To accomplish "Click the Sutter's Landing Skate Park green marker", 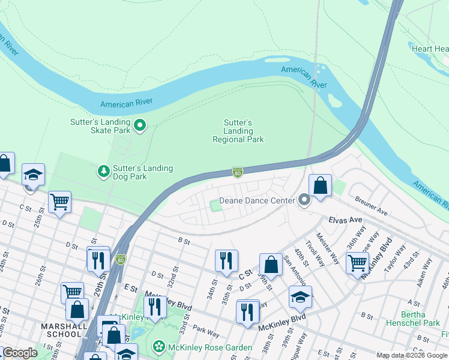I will coord(140,125).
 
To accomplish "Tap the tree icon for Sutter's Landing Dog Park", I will coord(104,172).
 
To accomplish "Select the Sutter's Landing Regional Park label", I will coord(238,131).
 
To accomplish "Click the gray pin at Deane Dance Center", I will coord(304,201).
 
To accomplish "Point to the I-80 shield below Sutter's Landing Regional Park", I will coord(238,173).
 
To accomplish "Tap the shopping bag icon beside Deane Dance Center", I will coord(320,185).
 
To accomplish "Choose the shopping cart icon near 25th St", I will coord(59,202).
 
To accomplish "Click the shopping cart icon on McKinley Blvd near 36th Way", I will coord(357,262).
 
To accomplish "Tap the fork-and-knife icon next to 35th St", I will coord(226,260).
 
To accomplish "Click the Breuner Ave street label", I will coord(372,205).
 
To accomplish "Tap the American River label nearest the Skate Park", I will coord(127,104).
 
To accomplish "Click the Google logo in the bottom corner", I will coord(19,353).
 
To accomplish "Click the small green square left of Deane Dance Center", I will coord(215,206).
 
